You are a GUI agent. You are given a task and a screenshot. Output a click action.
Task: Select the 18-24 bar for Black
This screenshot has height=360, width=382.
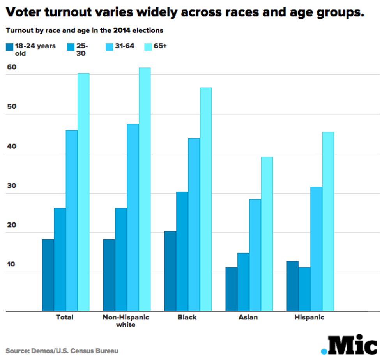[170, 271]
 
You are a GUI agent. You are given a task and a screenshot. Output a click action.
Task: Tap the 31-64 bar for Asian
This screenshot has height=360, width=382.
[255, 255]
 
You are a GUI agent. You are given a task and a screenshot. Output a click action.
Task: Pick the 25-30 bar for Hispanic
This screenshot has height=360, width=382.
[304, 289]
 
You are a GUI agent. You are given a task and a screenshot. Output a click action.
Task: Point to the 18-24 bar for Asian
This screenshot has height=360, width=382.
[231, 289]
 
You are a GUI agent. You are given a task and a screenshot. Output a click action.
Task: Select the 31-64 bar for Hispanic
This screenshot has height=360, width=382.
[316, 249]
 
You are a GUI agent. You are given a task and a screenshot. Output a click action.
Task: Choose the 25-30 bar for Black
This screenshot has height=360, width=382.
[182, 251]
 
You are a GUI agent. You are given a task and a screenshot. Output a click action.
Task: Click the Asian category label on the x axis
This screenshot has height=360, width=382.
[248, 318]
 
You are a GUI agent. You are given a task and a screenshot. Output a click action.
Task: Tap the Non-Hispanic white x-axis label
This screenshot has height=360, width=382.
[126, 321]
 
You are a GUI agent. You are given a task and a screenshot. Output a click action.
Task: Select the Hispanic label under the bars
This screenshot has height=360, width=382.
[309, 318]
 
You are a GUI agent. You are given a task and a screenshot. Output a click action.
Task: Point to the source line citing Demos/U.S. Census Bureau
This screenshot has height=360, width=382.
[62, 351]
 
